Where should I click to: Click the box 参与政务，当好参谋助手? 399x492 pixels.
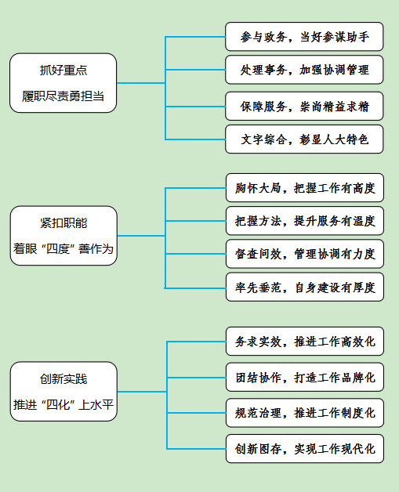point(304,36)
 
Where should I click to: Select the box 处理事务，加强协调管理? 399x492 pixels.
point(304,70)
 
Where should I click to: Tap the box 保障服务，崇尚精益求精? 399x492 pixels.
point(304,106)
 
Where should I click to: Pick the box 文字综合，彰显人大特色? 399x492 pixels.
point(304,139)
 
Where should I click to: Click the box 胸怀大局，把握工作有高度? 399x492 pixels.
point(305,188)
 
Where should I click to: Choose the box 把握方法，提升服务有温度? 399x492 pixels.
point(305,221)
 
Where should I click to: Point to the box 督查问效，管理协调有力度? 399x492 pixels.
point(305,254)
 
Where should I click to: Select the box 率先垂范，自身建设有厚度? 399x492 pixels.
point(305,287)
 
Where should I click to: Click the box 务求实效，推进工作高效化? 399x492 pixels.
point(305,341)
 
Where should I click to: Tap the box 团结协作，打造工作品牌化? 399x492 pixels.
point(305,377)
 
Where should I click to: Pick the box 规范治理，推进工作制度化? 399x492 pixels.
point(305,413)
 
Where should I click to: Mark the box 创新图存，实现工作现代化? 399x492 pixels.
point(305,449)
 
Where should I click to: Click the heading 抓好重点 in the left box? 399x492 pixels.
point(63,70)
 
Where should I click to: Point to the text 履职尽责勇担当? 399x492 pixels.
point(63,96)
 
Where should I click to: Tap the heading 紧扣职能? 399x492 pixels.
point(63,222)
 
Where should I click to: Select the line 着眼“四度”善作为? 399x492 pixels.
point(63,249)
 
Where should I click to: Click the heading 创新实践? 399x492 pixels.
point(63,378)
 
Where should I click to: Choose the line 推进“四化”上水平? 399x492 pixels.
point(63,404)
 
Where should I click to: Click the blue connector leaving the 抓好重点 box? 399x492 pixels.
point(140,83)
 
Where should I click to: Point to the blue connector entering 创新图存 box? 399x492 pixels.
point(197,449)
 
